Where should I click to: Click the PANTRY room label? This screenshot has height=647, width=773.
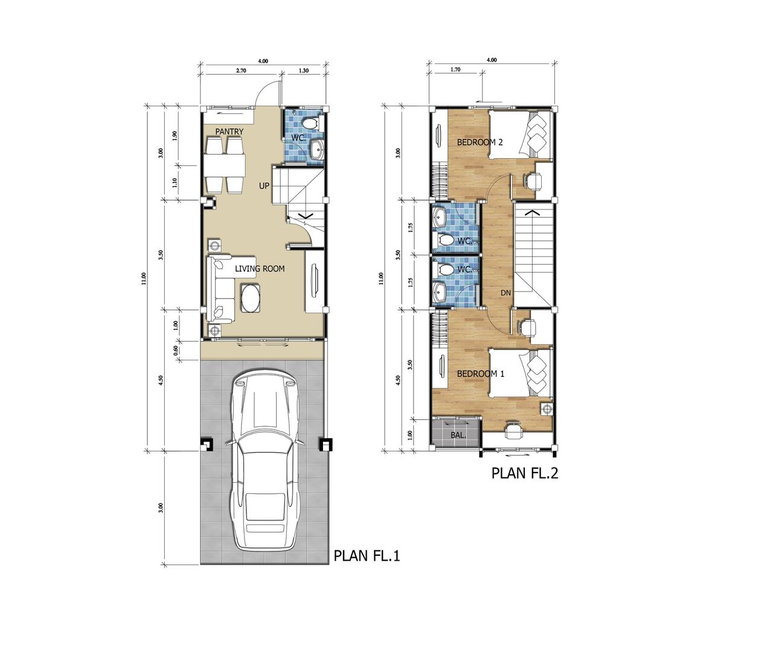(229, 132)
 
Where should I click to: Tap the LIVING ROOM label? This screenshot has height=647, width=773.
(260, 269)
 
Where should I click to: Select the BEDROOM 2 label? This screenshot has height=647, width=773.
(480, 142)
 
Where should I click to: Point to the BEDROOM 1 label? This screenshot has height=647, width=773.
(480, 374)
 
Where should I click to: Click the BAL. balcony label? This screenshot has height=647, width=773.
(458, 435)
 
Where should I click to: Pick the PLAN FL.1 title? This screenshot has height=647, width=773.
(367, 566)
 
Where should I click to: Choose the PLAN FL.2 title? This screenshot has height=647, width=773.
(524, 473)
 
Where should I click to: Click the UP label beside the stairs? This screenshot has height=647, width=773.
(264, 186)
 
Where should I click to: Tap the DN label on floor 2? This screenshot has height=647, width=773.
(505, 293)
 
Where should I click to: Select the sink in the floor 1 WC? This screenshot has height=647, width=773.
(317, 150)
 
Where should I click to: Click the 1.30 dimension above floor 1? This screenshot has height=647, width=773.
(304, 71)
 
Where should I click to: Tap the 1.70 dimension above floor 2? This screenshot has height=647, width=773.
(455, 69)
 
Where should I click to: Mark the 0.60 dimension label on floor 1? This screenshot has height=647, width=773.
(176, 349)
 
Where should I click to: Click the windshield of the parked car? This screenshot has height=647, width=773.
(263, 459)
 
